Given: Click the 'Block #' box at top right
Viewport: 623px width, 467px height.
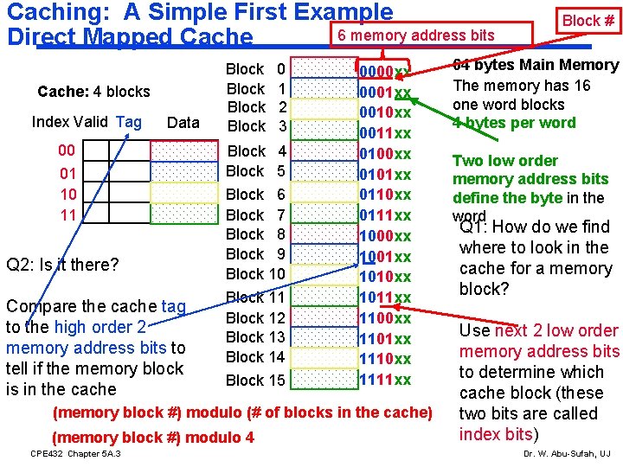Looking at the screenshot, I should [x=588, y=21].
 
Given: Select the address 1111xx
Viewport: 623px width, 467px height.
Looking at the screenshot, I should [x=385, y=380].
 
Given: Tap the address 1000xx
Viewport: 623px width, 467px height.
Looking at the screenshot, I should [x=385, y=236].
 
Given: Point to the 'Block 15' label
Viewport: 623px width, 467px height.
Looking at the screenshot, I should [x=255, y=380].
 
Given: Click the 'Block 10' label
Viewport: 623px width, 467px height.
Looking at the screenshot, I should [x=255, y=274].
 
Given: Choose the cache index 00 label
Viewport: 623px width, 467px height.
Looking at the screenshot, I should [x=67, y=151].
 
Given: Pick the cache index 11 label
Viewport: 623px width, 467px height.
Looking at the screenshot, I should [x=68, y=214].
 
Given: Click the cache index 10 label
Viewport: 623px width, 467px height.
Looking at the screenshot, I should [x=68, y=194].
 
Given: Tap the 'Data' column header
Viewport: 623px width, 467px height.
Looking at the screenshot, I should [x=183, y=123].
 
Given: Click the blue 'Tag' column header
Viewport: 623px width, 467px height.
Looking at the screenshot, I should [x=128, y=122].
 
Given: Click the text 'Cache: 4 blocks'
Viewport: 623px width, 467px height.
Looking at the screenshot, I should [x=93, y=92].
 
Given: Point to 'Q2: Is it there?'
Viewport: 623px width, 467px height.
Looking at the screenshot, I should [x=61, y=264].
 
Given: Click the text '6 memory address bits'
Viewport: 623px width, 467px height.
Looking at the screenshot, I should [x=415, y=35].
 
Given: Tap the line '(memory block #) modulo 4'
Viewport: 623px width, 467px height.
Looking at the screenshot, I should [x=154, y=438].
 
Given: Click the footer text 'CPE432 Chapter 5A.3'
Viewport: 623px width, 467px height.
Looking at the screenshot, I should [x=75, y=454].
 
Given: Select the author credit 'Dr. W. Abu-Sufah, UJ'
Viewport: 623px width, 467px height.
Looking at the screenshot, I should [x=566, y=454].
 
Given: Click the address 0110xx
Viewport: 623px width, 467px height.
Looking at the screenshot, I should [x=385, y=195].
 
